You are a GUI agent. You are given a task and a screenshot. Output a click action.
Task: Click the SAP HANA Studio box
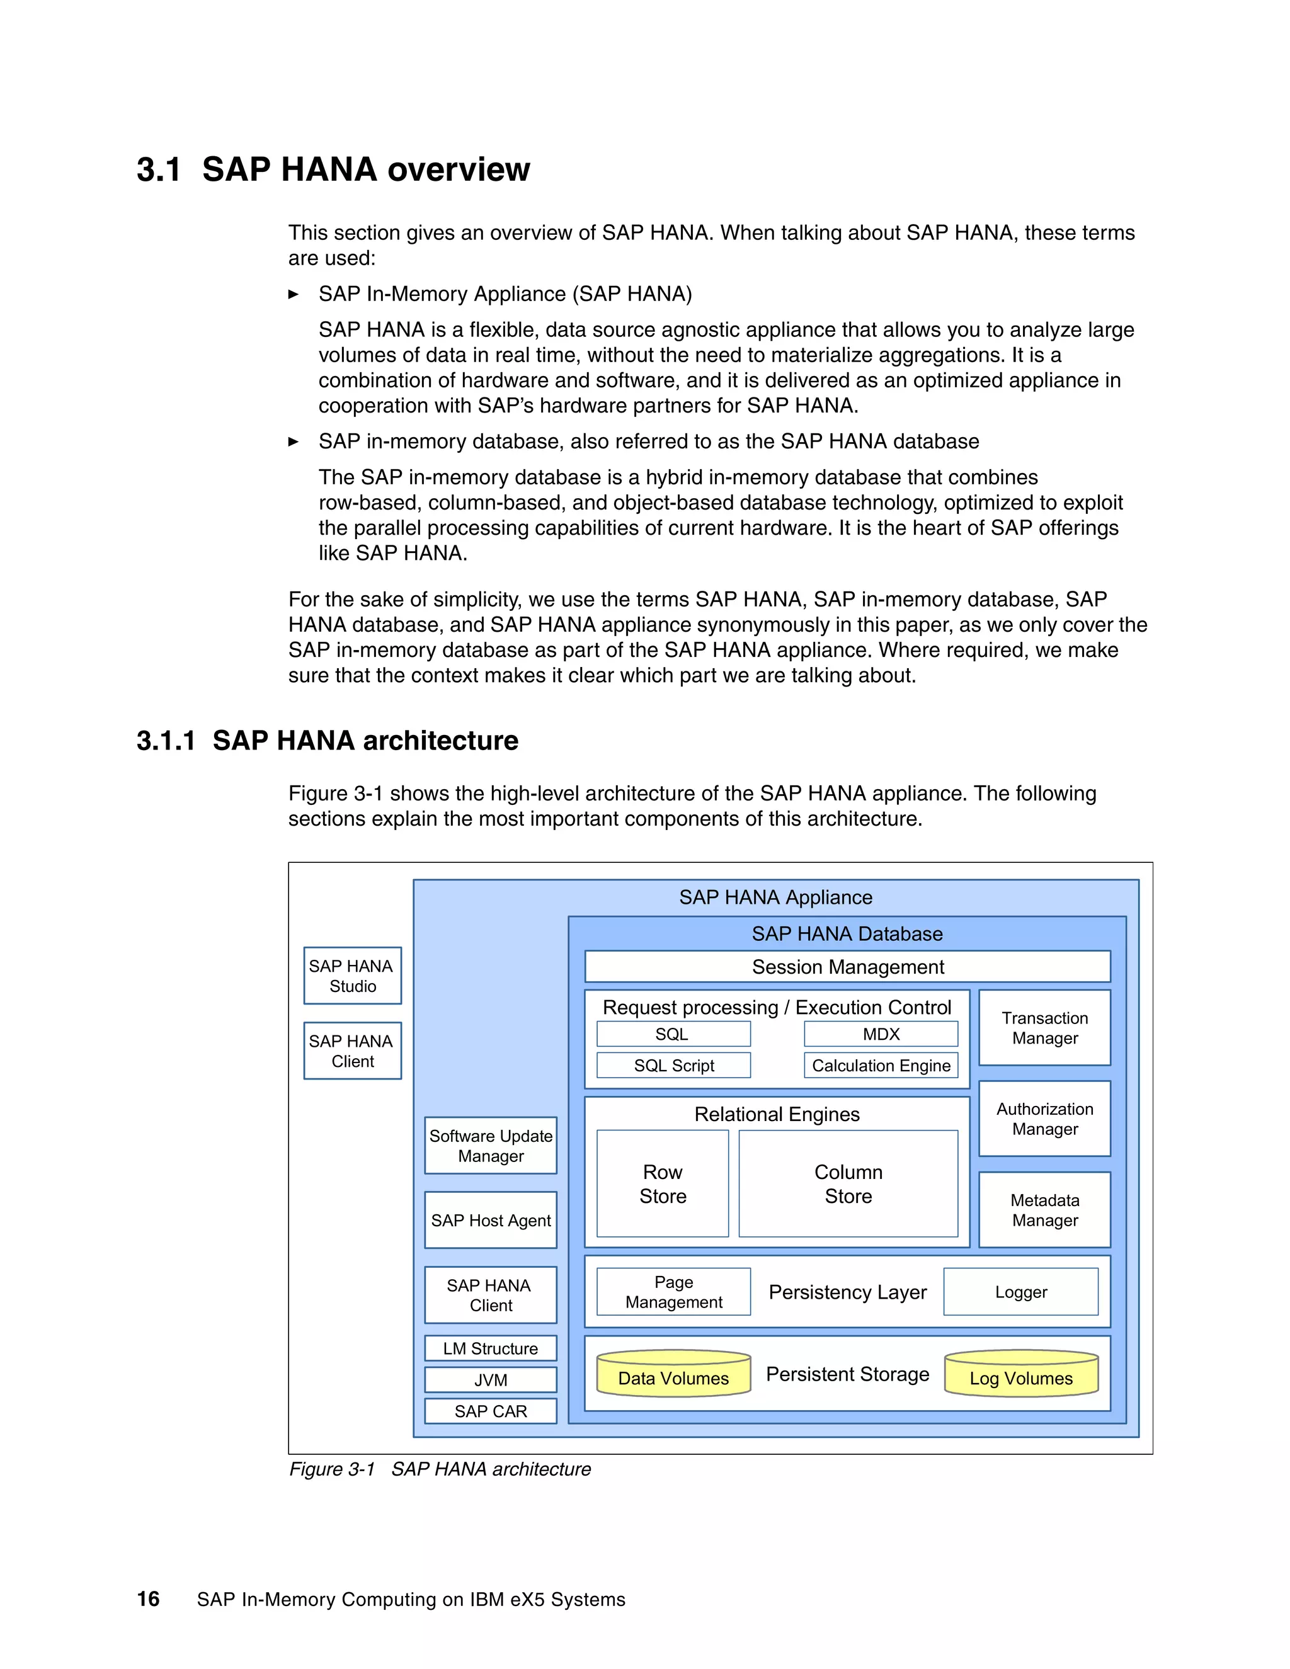(x=352, y=976)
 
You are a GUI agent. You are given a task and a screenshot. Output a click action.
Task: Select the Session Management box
(x=848, y=967)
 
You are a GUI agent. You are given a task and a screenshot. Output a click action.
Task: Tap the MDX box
(x=881, y=1034)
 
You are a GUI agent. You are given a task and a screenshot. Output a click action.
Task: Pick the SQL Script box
(x=673, y=1065)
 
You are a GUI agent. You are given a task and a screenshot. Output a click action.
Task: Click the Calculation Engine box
(x=881, y=1065)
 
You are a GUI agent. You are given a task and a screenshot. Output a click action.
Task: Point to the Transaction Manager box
(x=1044, y=1028)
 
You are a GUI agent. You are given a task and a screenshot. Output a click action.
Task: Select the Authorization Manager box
(x=1044, y=1119)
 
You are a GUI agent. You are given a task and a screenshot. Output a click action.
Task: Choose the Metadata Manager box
(x=1044, y=1210)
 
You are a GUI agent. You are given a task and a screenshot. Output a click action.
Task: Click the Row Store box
(x=663, y=1184)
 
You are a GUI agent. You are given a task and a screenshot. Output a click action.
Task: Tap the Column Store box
(x=848, y=1184)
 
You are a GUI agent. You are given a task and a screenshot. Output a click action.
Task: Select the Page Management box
(x=673, y=1292)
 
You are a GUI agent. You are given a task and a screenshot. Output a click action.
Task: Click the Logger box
(x=1020, y=1292)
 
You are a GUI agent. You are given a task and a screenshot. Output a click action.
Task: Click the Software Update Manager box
(x=491, y=1146)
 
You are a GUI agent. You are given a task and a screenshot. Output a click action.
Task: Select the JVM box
(x=491, y=1380)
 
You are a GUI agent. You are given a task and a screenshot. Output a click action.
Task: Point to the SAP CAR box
(x=491, y=1411)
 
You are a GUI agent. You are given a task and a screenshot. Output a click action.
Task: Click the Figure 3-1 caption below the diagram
(x=440, y=1469)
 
